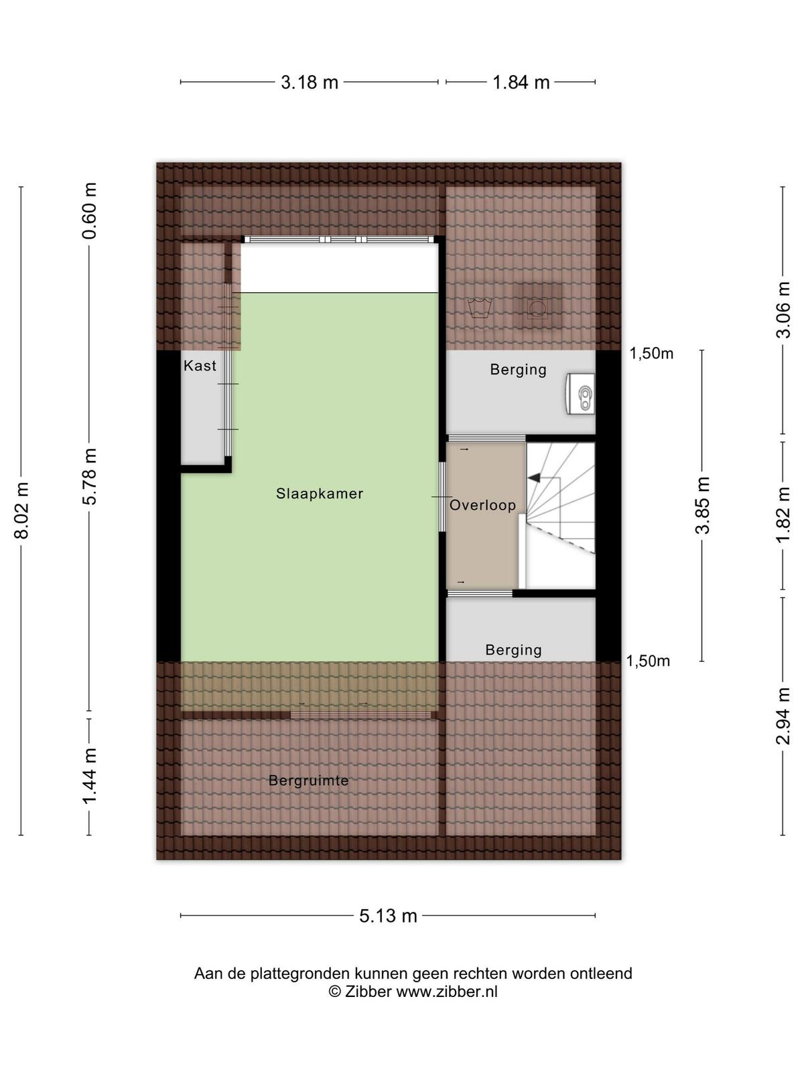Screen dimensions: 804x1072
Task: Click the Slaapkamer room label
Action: pyautogui.click(x=320, y=493)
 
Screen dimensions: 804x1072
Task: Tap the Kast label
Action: pyautogui.click(x=200, y=365)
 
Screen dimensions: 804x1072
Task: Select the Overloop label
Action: pyautogui.click(x=482, y=505)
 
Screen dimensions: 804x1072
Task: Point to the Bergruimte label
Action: pyautogui.click(x=308, y=781)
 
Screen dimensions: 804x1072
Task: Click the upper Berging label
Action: pyautogui.click(x=518, y=370)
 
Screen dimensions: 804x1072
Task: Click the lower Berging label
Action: pyautogui.click(x=513, y=650)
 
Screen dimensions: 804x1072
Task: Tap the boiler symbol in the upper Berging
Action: pyautogui.click(x=581, y=394)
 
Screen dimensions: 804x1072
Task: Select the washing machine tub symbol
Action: pyautogui.click(x=478, y=308)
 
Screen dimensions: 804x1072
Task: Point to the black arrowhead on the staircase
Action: pyautogui.click(x=535, y=478)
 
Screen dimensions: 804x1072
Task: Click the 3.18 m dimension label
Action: pyautogui.click(x=310, y=82)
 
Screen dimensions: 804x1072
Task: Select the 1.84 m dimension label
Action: pyautogui.click(x=521, y=82)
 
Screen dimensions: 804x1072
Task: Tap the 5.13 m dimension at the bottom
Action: pyautogui.click(x=388, y=916)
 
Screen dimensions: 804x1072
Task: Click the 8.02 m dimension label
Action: pyautogui.click(x=21, y=511)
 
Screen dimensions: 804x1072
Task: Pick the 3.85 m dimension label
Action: pyautogui.click(x=702, y=505)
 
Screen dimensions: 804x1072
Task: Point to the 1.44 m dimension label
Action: pyautogui.click(x=90, y=777)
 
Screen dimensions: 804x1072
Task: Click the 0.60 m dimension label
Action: pyautogui.click(x=90, y=211)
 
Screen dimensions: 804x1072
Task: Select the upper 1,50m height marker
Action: pyautogui.click(x=651, y=353)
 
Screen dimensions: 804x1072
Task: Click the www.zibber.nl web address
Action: pyautogui.click(x=447, y=992)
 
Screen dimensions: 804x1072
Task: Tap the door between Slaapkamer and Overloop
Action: pyautogui.click(x=442, y=496)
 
